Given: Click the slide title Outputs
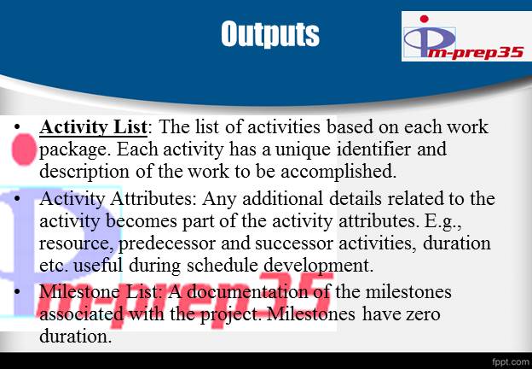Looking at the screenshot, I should point(269,34).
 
